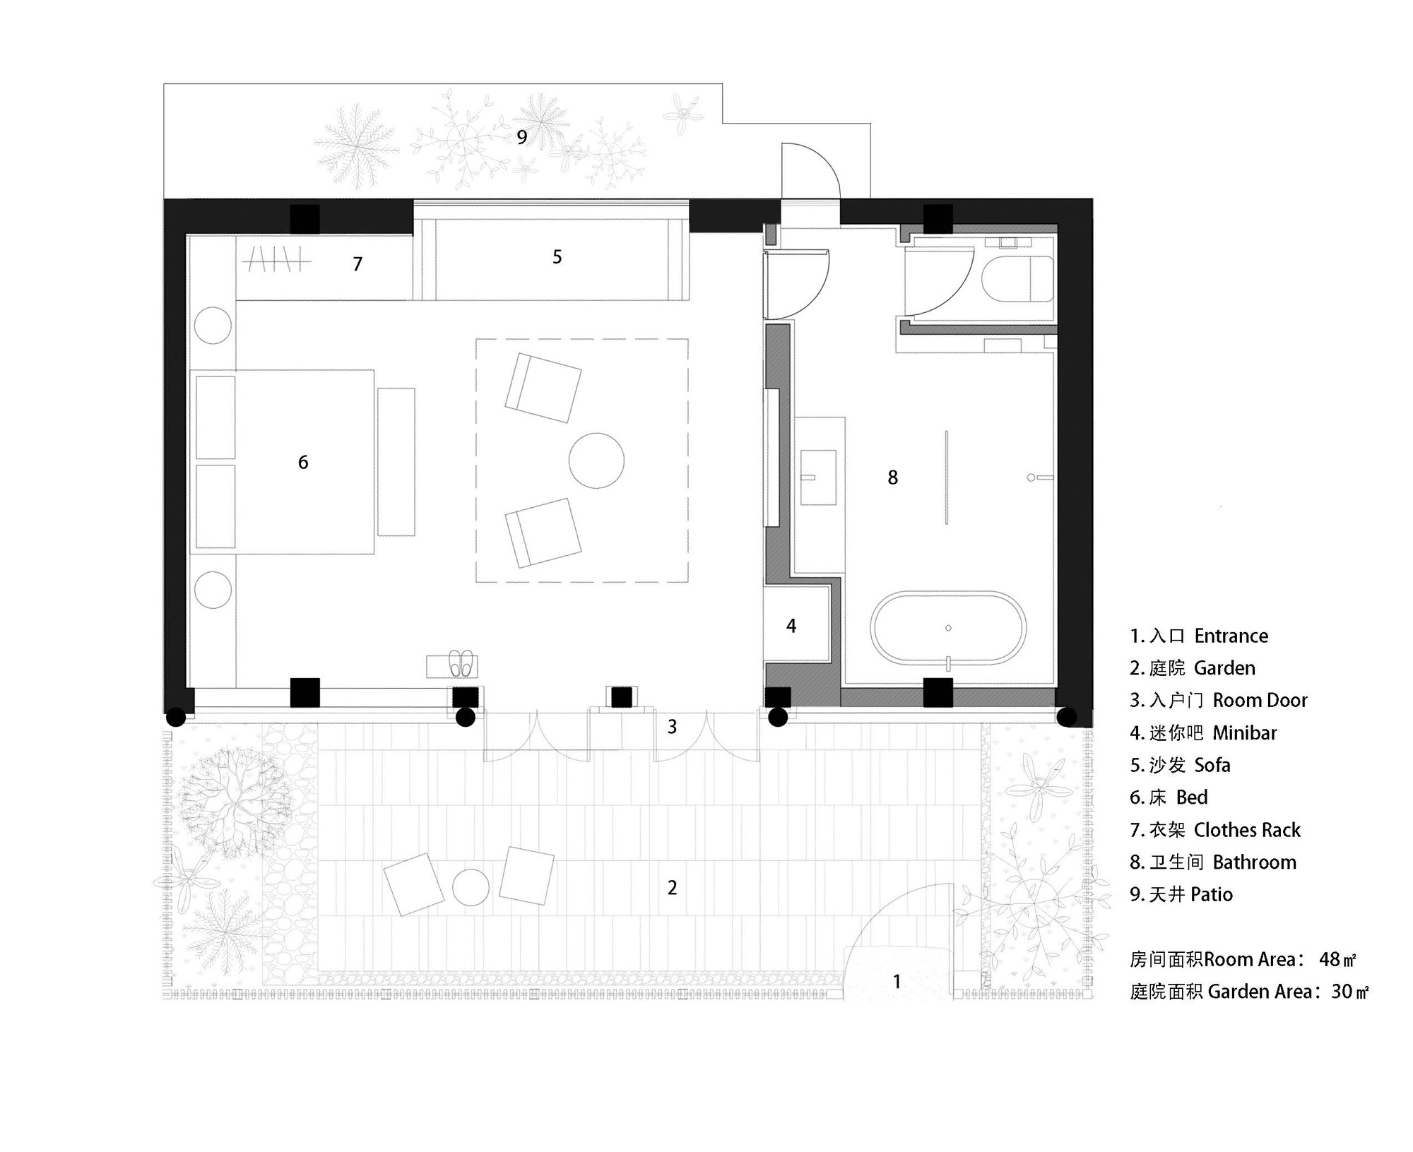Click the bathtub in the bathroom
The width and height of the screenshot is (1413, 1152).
click(948, 628)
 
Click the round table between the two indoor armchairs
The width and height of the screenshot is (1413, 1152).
click(596, 461)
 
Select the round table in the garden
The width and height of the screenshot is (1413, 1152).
click(471, 888)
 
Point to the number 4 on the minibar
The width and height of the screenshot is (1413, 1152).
click(791, 626)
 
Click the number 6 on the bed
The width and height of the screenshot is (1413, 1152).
click(303, 463)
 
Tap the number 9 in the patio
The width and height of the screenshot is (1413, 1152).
click(521, 137)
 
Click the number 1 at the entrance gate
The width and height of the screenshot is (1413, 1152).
click(897, 981)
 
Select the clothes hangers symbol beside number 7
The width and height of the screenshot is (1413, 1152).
click(276, 260)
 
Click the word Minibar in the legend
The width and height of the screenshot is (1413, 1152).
click(1244, 733)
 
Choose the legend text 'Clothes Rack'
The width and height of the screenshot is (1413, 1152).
click(1247, 830)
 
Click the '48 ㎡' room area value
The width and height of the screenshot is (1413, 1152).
click(1337, 959)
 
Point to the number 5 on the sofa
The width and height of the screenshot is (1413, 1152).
click(557, 257)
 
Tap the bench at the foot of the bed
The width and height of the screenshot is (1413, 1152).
click(396, 461)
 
